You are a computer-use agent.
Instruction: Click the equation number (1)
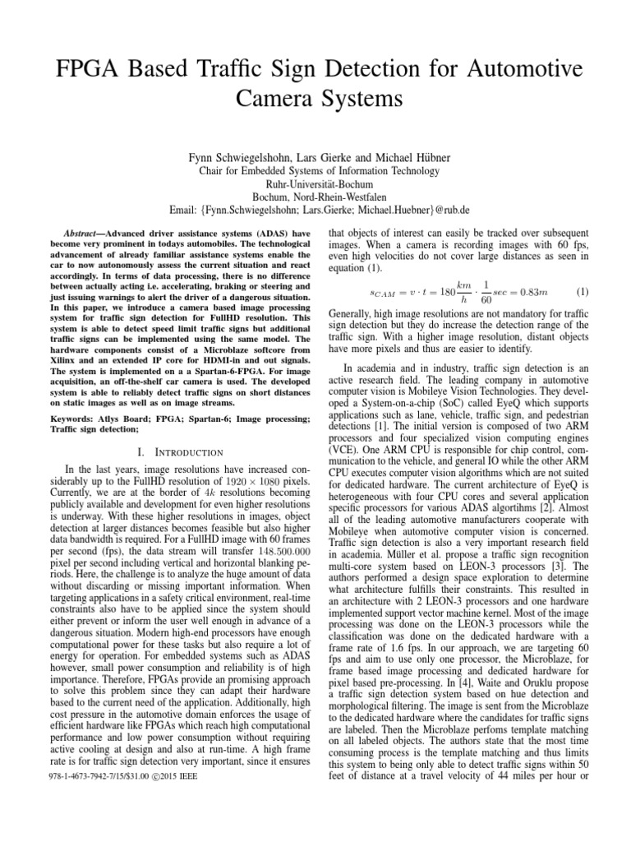583,292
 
